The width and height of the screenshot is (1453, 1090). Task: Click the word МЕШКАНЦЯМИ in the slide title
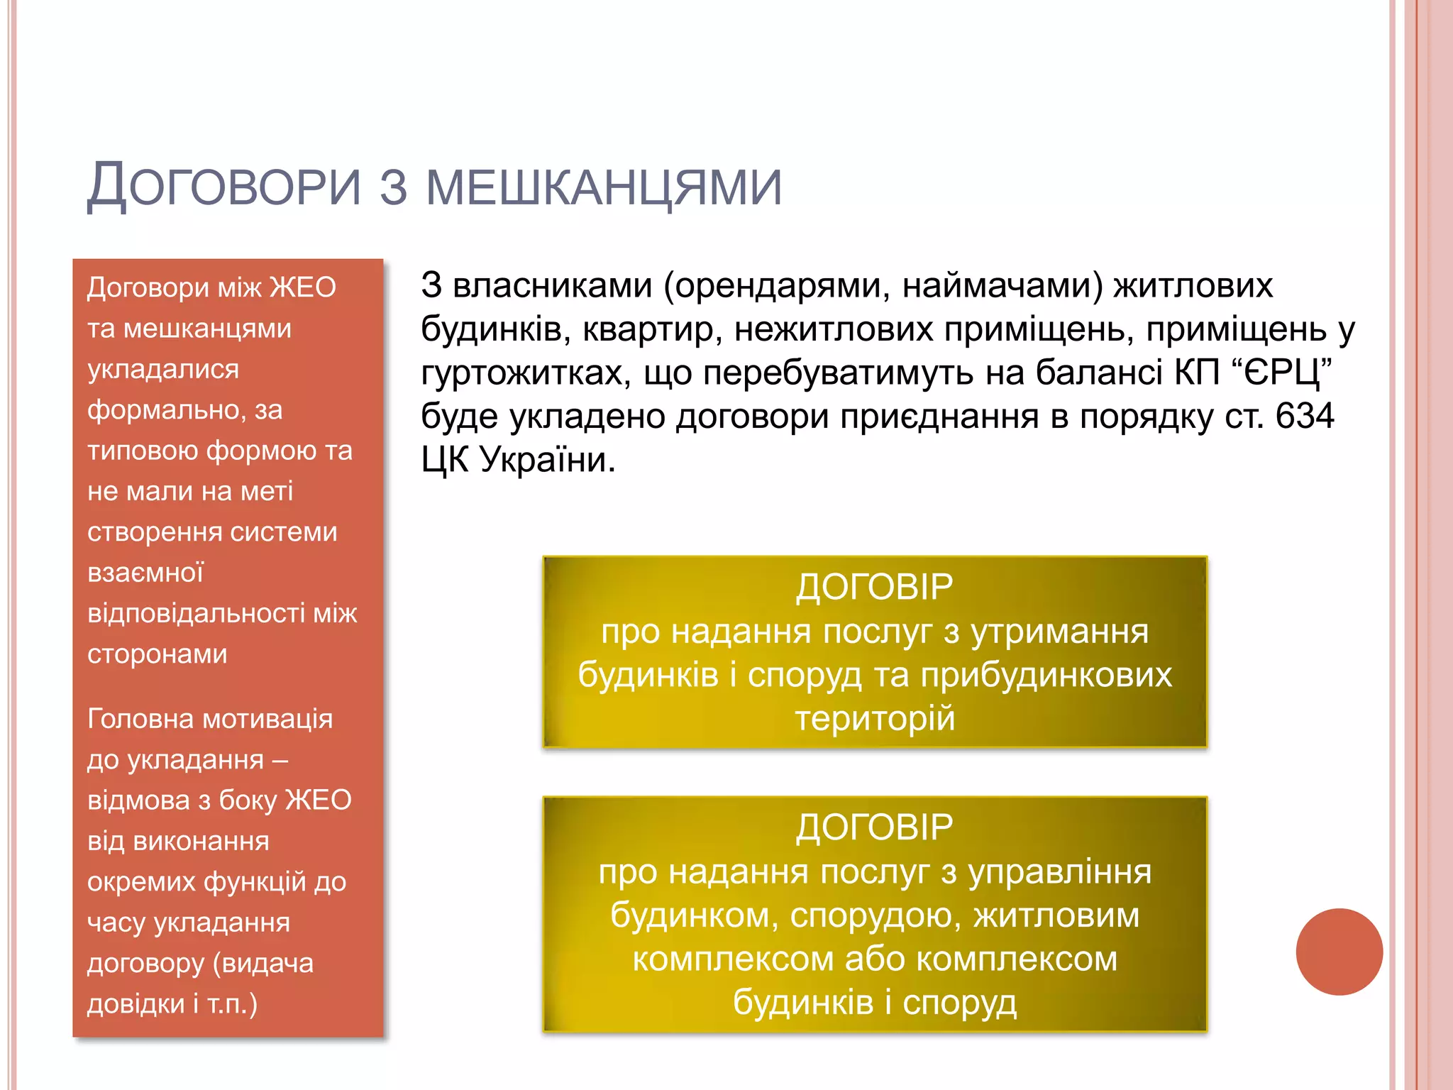point(603,187)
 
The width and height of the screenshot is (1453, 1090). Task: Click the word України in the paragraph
point(546,460)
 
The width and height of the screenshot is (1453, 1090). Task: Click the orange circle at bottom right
point(1339,952)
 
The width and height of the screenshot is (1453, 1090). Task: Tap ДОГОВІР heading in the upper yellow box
point(874,588)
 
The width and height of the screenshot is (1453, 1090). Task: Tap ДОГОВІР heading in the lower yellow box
point(874,827)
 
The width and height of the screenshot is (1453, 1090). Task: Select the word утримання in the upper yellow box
point(1059,632)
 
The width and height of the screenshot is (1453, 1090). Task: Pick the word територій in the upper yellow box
point(874,718)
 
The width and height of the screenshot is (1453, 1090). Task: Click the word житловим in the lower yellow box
point(1056,915)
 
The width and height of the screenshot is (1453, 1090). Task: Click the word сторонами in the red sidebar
point(158,654)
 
